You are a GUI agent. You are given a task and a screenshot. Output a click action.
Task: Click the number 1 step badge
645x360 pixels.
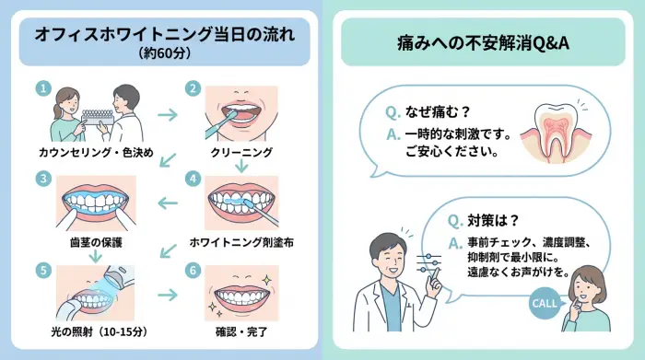coord(41,88)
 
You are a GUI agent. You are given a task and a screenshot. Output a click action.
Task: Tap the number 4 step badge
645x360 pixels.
coord(192,178)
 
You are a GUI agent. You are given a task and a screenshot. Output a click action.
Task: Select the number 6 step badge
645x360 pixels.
coord(192,271)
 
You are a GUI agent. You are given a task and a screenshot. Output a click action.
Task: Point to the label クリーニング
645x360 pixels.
coord(240,151)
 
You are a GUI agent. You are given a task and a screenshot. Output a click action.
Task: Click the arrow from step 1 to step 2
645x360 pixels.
coord(168,116)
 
